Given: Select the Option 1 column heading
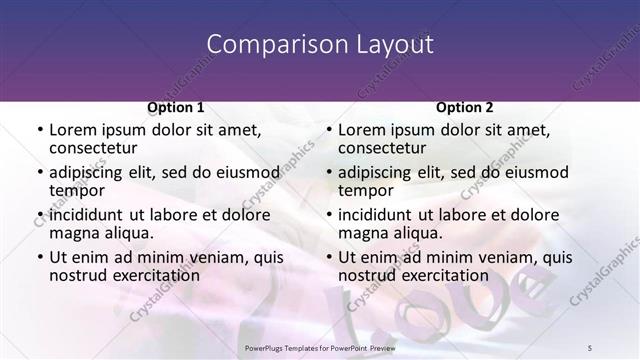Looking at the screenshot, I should tap(176, 107).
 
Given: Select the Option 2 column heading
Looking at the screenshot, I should tap(465, 107).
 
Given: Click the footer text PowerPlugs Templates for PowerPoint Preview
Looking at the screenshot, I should tap(320, 345).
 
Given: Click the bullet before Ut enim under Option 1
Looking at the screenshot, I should tap(39, 257).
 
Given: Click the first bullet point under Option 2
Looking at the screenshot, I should tap(328, 131).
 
